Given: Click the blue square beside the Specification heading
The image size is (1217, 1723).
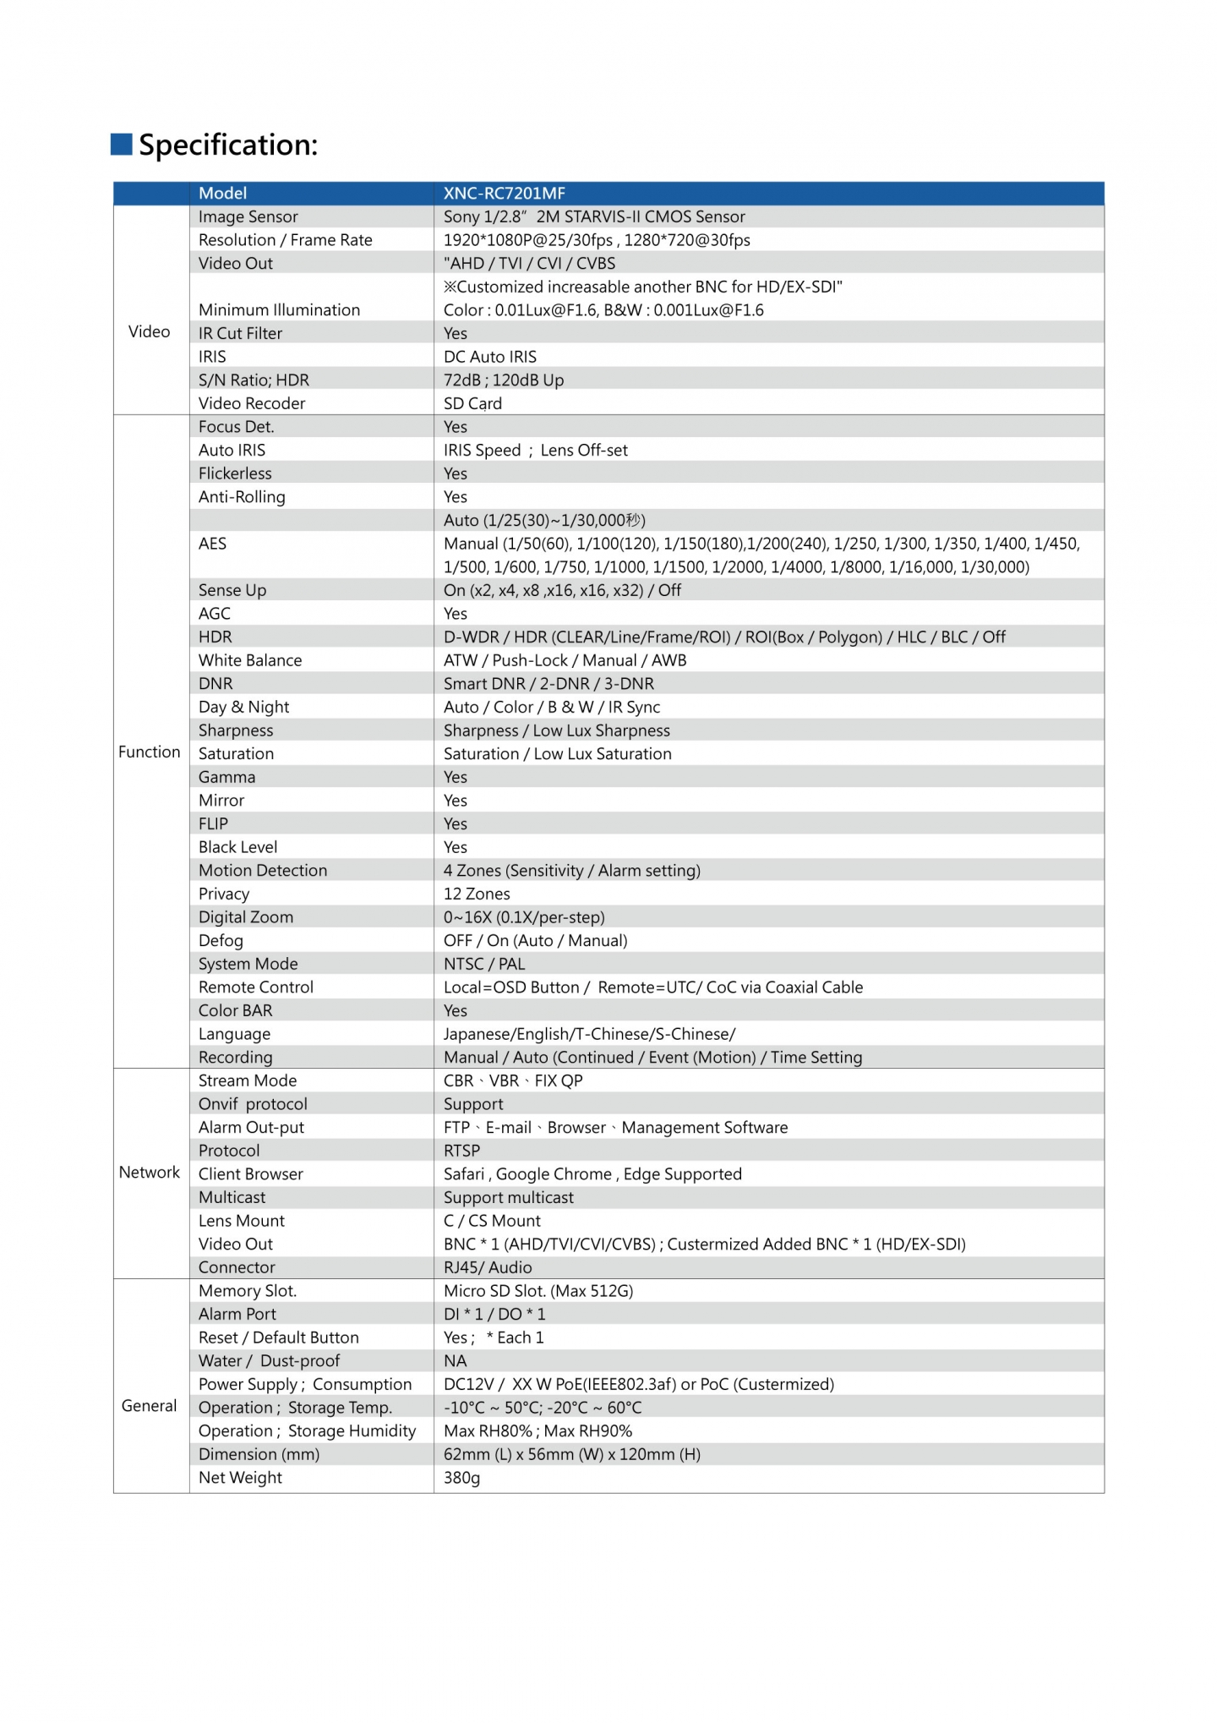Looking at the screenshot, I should [x=122, y=145].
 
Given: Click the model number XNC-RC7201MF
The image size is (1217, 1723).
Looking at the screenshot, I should [x=504, y=194].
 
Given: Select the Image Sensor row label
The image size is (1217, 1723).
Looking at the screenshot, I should [x=248, y=217].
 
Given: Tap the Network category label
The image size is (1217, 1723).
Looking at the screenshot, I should [x=150, y=1173].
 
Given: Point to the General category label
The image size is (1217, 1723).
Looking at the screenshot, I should [x=150, y=1406].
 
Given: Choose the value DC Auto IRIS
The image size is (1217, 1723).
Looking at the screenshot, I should [x=490, y=357].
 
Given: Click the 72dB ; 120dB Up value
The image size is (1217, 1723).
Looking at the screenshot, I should [x=504, y=380].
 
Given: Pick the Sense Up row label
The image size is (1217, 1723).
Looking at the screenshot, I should [x=232, y=590].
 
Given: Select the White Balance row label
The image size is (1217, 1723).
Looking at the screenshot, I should [x=250, y=660].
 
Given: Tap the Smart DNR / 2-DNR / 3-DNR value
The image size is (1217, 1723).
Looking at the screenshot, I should [x=548, y=684].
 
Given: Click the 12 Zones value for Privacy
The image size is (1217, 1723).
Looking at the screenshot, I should [x=477, y=894].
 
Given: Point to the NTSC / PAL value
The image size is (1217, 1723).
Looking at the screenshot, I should [x=484, y=964].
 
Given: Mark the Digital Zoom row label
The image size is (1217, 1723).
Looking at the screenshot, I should [x=246, y=917].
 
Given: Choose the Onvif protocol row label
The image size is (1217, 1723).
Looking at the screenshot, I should [x=253, y=1104].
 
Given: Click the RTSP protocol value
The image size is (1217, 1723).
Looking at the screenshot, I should [x=461, y=1151].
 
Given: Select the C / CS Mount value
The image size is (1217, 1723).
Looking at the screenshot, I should [x=492, y=1221].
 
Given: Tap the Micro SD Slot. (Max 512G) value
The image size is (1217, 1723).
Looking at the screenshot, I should [x=538, y=1291].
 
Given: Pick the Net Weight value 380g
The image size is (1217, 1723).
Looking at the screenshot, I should [x=461, y=1478].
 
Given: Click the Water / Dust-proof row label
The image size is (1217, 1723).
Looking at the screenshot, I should [x=269, y=1361].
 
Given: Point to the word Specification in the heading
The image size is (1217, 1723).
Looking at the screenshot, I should [x=228, y=145].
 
